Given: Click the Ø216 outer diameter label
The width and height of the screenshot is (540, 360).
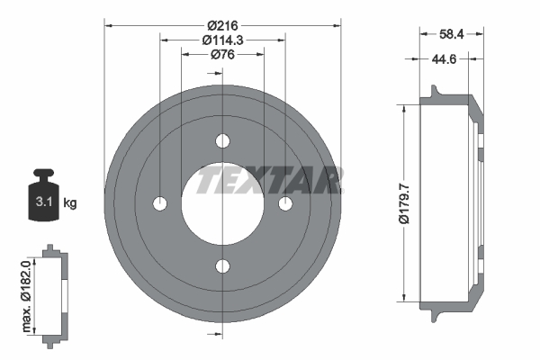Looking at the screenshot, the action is click(x=222, y=25).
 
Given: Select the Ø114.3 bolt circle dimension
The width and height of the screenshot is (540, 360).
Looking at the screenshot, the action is click(x=222, y=40).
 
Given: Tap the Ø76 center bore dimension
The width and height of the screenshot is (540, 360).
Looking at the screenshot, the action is click(x=222, y=54).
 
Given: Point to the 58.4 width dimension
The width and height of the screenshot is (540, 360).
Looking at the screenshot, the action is click(x=452, y=34).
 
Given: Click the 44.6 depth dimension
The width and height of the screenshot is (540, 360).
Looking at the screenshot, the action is click(x=444, y=59).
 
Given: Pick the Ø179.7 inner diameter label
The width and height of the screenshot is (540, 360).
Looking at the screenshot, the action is click(x=404, y=203).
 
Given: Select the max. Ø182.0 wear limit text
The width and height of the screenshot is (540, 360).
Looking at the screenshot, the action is click(x=26, y=296).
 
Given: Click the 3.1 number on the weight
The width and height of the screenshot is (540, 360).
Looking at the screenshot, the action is click(x=44, y=202).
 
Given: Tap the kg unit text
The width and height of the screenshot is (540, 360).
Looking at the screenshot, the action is click(x=70, y=202).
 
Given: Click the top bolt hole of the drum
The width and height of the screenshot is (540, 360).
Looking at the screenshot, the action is click(x=222, y=141).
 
